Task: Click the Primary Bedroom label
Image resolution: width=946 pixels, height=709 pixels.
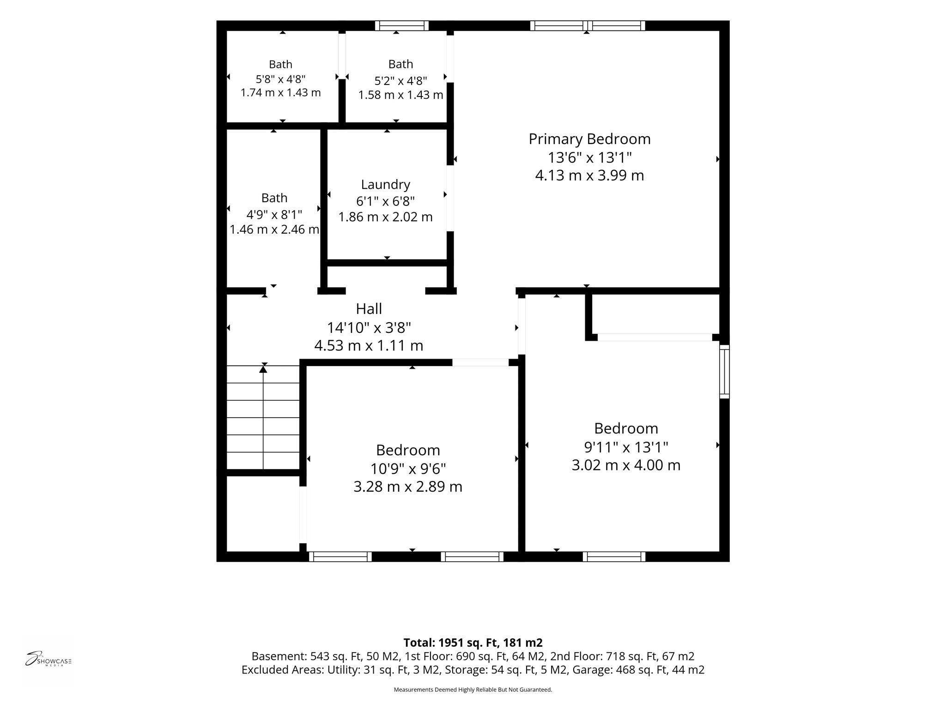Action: [589, 139]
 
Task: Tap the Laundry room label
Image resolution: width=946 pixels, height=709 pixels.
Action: [386, 185]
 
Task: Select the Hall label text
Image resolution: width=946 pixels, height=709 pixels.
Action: [369, 308]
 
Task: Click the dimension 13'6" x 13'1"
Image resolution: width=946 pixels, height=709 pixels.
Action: [589, 157]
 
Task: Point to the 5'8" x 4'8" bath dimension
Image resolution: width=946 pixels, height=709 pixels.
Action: [280, 79]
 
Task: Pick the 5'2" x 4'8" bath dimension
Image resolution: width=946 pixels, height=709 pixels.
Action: [400, 81]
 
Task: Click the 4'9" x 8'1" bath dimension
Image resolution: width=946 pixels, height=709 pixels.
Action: [274, 215]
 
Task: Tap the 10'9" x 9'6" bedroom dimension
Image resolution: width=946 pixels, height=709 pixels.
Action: [408, 469]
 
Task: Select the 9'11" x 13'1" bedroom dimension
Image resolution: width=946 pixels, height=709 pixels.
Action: [626, 447]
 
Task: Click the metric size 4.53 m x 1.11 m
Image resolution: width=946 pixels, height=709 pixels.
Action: [369, 345]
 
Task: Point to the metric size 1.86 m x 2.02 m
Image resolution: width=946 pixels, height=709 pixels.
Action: [386, 216]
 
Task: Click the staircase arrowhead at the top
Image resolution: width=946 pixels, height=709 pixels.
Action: [263, 368]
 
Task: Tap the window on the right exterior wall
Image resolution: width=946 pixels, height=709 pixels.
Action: [724, 372]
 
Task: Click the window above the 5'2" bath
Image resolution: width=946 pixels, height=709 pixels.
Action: [402, 26]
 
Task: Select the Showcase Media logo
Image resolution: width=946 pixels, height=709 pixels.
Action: [48, 658]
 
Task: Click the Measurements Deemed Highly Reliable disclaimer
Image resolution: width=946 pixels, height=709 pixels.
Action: [473, 690]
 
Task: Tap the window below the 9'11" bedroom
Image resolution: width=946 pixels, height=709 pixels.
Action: [614, 556]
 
